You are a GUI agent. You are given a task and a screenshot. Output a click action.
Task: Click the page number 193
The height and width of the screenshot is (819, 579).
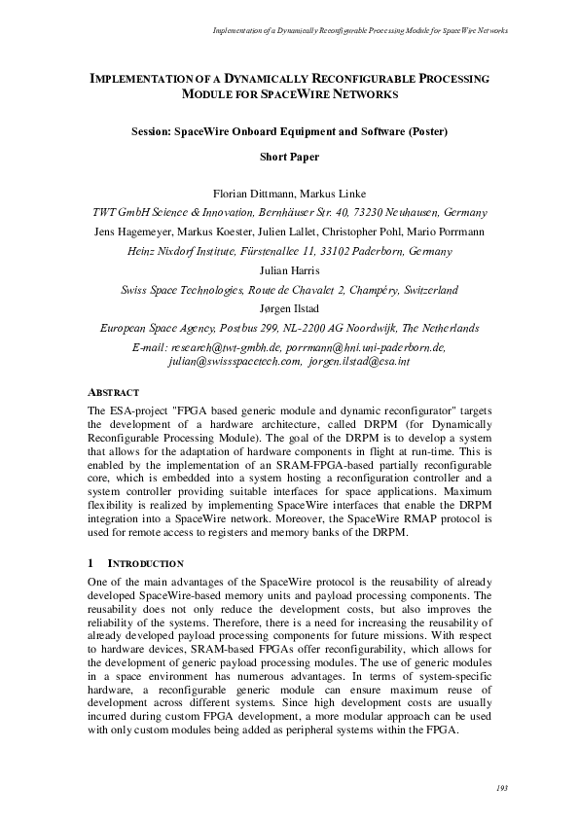pyautogui.click(x=501, y=787)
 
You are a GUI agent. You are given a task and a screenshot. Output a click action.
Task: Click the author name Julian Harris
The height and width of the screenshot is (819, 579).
pyautogui.click(x=289, y=270)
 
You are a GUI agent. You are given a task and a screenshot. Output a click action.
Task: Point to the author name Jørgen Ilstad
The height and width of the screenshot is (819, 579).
pyautogui.click(x=289, y=309)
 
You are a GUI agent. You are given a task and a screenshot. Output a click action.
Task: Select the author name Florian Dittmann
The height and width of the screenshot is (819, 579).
pyautogui.click(x=248, y=193)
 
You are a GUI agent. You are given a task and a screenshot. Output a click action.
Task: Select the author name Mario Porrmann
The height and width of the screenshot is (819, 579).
pyautogui.click(x=453, y=231)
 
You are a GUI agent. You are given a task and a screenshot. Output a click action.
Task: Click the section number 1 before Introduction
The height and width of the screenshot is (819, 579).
pyautogui.click(x=90, y=563)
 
